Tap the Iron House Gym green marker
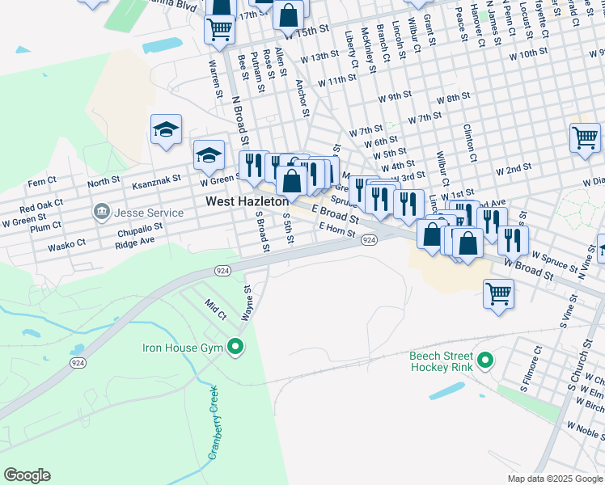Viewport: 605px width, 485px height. pos(236,348)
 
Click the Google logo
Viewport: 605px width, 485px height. pos(27,475)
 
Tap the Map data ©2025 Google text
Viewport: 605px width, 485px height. pos(554,479)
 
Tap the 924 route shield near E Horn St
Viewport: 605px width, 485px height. pos(369,241)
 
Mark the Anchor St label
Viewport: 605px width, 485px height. pos(302,97)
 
